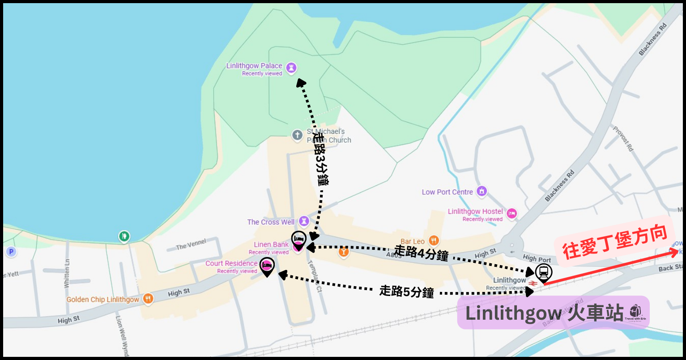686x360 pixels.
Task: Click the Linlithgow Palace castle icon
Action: coord(291,68)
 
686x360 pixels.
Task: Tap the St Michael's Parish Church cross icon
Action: coord(297,135)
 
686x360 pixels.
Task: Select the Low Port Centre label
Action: coord(447,192)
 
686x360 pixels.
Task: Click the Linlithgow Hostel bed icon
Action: coord(511,214)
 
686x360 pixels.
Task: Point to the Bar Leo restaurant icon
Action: coord(433,241)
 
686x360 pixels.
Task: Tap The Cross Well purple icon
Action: coord(304,221)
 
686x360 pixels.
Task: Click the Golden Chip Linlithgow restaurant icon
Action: coord(148,299)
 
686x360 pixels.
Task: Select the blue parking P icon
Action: coord(11,252)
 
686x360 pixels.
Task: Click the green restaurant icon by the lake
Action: coord(124,236)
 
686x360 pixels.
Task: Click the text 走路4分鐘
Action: coord(421,253)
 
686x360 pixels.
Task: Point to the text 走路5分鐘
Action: coord(406,291)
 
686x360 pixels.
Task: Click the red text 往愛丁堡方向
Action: coord(615,242)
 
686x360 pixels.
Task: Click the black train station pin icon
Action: coord(543,272)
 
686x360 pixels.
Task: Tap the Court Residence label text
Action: coord(231,263)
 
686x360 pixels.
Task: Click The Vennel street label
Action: coord(191,244)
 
